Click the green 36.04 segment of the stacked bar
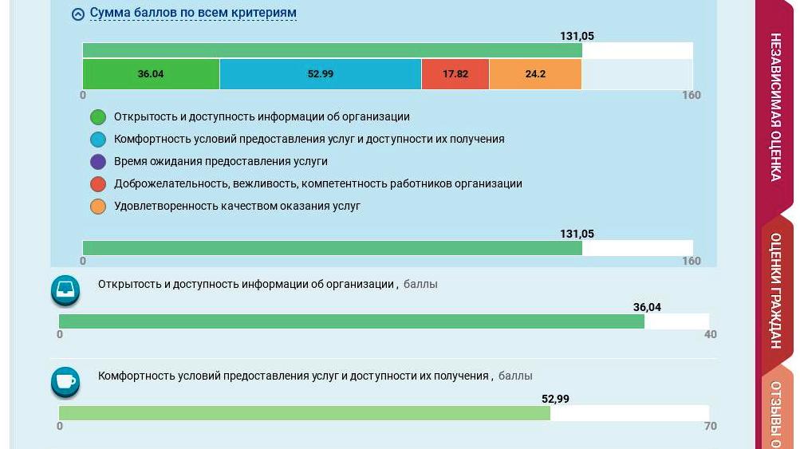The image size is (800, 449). tap(151, 74)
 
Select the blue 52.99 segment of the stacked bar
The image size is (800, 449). tap(320, 74)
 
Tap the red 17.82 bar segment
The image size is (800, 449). tap(455, 74)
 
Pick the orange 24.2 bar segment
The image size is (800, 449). tap(535, 74)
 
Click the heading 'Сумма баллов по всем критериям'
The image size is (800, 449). tap(193, 14)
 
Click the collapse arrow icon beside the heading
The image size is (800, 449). tap(78, 14)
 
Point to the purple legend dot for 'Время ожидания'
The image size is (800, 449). tap(98, 162)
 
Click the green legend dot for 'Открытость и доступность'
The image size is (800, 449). tap(98, 117)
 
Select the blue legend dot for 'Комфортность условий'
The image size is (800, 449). tap(98, 140)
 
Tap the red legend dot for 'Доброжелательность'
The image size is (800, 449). tap(98, 184)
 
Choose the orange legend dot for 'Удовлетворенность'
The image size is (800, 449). tap(98, 207)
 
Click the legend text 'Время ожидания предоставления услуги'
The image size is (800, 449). tap(220, 161)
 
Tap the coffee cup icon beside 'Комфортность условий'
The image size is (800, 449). tap(65, 382)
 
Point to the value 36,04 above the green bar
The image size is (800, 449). tap(647, 307)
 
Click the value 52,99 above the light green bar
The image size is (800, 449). tap(555, 399)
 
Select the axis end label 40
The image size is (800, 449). tap(710, 334)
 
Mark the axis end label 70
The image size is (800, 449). tap(710, 426)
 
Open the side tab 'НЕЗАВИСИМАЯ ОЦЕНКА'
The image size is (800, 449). tap(775, 107)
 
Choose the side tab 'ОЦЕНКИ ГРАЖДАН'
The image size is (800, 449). tap(775, 290)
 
